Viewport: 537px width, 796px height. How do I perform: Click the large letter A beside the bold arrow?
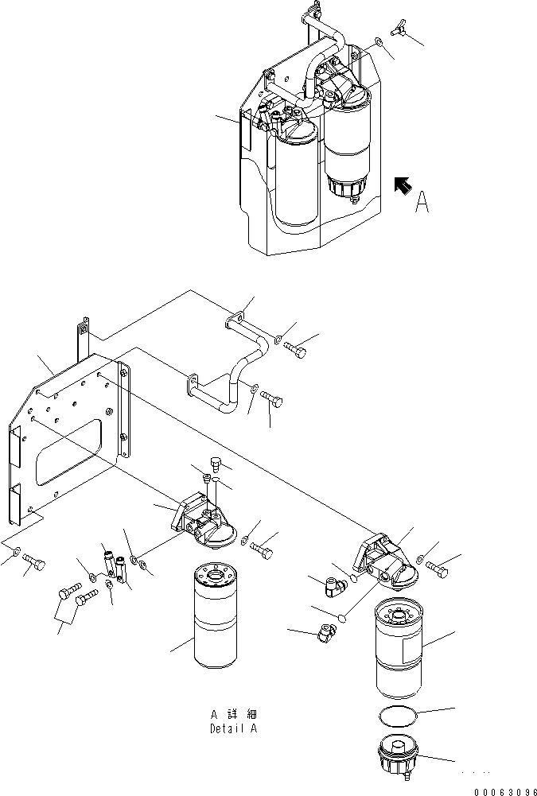coord(422,202)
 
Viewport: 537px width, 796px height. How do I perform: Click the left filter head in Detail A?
coord(198,523)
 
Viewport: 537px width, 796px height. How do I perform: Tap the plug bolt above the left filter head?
coord(215,464)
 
